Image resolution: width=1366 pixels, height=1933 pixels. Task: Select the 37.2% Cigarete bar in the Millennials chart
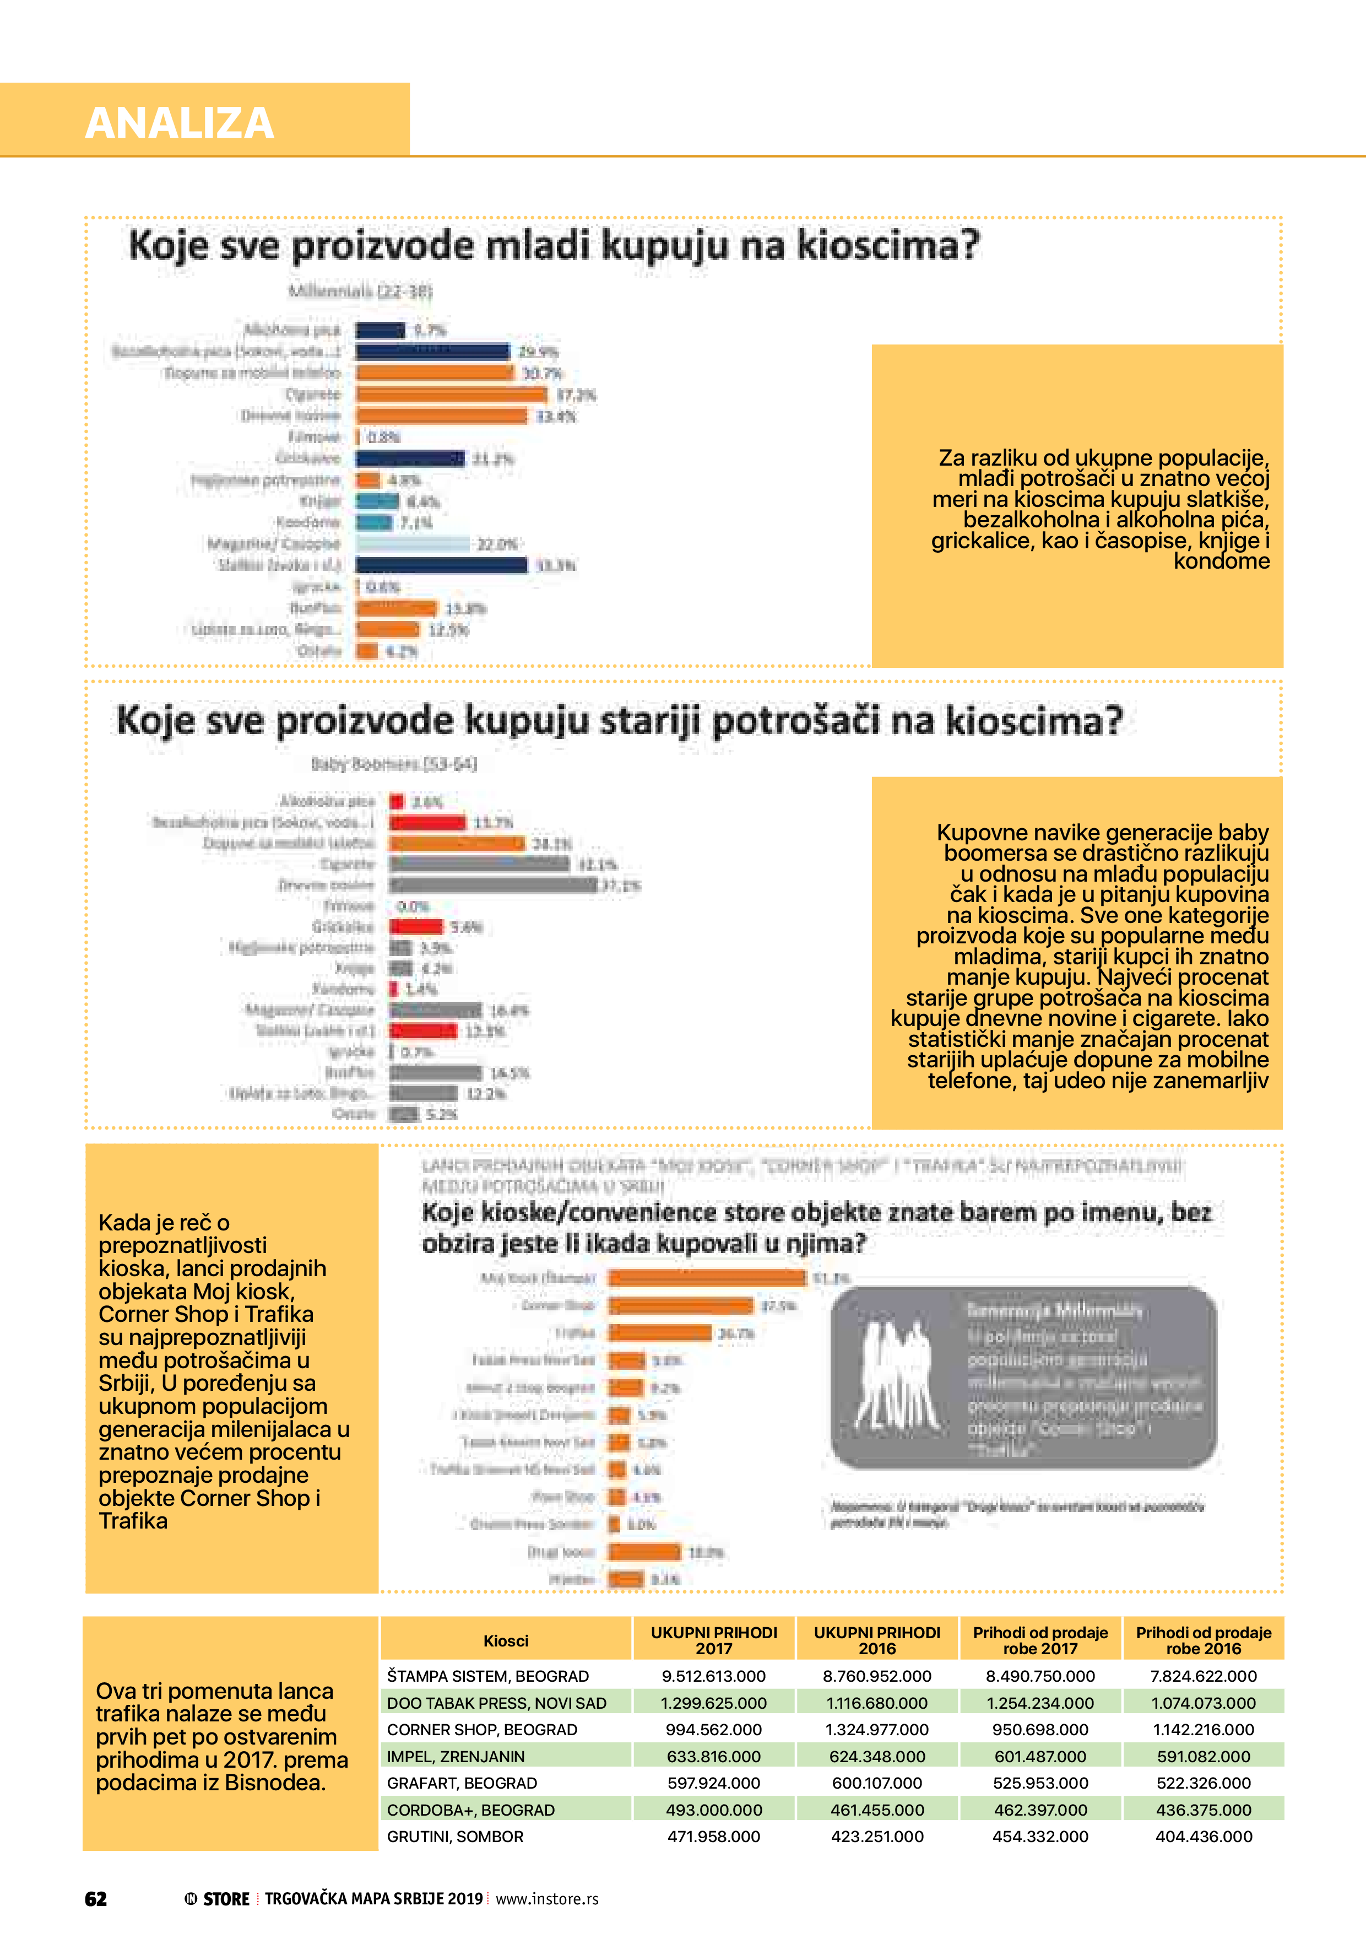[451, 394]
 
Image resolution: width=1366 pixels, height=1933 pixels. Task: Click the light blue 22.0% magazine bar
[413, 544]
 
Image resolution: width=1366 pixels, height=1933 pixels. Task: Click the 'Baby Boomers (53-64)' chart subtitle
[394, 764]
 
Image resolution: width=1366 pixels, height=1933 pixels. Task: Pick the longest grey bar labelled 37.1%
[492, 885]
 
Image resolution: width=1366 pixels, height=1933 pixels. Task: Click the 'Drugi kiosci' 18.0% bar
[644, 1552]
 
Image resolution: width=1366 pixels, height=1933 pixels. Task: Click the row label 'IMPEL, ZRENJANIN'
[456, 1756]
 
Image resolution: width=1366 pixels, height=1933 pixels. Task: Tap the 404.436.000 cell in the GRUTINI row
[1204, 1836]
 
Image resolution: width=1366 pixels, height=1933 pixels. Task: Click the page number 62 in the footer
[96, 1898]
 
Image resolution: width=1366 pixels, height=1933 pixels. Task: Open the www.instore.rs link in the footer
[547, 1898]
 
